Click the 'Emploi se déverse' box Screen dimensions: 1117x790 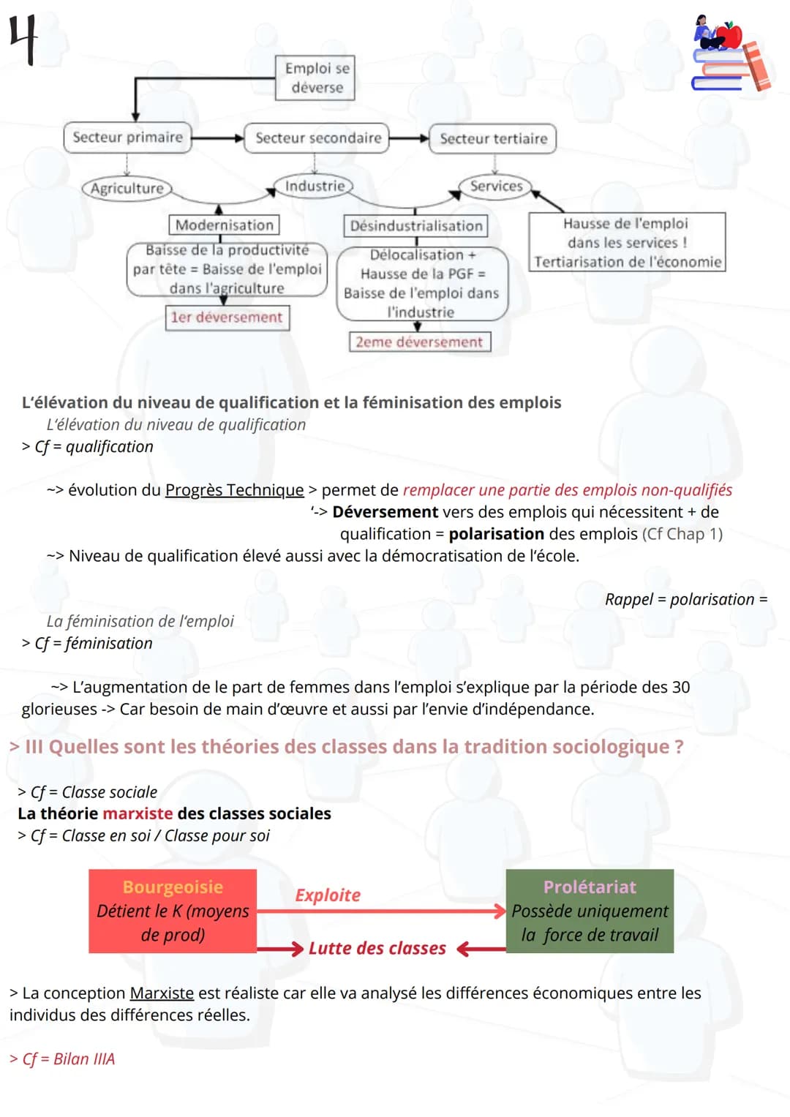click(316, 78)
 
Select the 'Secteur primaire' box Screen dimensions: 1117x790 click(127, 138)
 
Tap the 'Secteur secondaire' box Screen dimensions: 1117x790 click(317, 138)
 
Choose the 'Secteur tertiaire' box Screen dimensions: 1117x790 click(493, 139)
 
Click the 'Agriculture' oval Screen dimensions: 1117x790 click(127, 189)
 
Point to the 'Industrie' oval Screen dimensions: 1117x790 click(314, 186)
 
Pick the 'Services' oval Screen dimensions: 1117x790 click(495, 186)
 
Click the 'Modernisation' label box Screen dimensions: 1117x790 click(224, 225)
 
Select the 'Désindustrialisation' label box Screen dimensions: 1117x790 click(415, 226)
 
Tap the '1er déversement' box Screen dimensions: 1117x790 click(227, 317)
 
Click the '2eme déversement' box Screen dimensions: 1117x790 click(418, 342)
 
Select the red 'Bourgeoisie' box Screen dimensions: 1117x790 click(173, 911)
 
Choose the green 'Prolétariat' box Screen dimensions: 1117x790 click(590, 911)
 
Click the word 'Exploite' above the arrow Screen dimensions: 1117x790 click(328, 895)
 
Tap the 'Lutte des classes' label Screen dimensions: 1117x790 click(377, 949)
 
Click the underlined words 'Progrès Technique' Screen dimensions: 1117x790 click(234, 490)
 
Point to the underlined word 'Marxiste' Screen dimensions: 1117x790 click(162, 993)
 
